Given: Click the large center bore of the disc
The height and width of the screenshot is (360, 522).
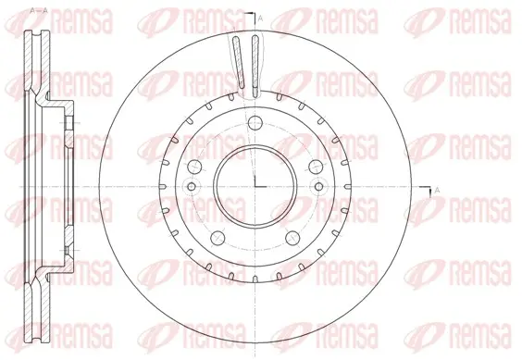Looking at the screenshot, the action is coord(255,186).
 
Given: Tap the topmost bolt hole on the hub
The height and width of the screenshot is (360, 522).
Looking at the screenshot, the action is coord(255,122).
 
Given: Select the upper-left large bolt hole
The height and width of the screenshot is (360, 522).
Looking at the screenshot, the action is coord(194,167).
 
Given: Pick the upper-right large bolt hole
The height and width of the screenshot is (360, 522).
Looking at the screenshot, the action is coord(316,167).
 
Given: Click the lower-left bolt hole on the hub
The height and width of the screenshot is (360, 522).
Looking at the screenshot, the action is coord(217,238).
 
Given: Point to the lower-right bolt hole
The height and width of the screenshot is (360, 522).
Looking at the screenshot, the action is coord(292,238).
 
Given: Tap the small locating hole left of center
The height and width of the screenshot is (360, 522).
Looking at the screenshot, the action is coord(192,186).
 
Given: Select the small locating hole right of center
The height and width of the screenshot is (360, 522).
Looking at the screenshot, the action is coord(319,186).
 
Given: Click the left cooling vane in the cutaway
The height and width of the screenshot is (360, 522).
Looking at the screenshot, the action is coord(239,62).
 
